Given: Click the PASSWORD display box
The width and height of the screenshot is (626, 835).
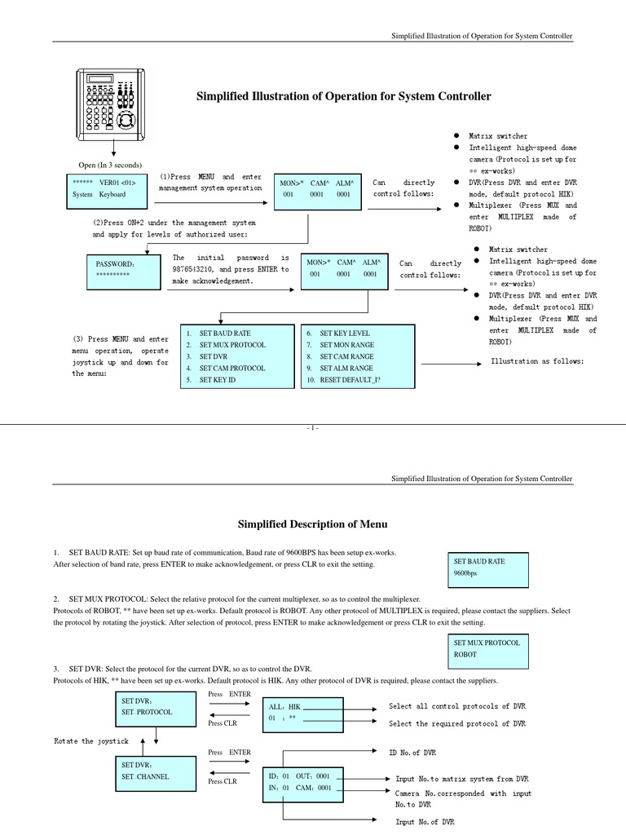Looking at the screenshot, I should [125, 272].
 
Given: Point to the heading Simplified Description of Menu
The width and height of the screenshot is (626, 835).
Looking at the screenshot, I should [312, 524].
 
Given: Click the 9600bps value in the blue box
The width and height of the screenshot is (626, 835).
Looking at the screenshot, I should [466, 574].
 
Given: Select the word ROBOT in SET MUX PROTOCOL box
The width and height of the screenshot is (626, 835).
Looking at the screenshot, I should [465, 654].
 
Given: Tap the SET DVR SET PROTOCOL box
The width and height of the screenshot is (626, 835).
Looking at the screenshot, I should [156, 706].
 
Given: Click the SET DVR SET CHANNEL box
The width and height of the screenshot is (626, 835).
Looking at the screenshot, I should [156, 771].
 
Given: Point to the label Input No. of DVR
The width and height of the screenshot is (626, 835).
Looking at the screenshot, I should [425, 823].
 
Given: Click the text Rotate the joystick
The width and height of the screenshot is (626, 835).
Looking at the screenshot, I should [91, 740].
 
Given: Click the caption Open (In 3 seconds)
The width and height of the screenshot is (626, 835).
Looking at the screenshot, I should [110, 166].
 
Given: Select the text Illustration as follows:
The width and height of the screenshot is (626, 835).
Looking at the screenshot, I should [537, 361].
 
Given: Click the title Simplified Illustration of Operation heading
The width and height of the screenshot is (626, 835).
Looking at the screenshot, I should [344, 96].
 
